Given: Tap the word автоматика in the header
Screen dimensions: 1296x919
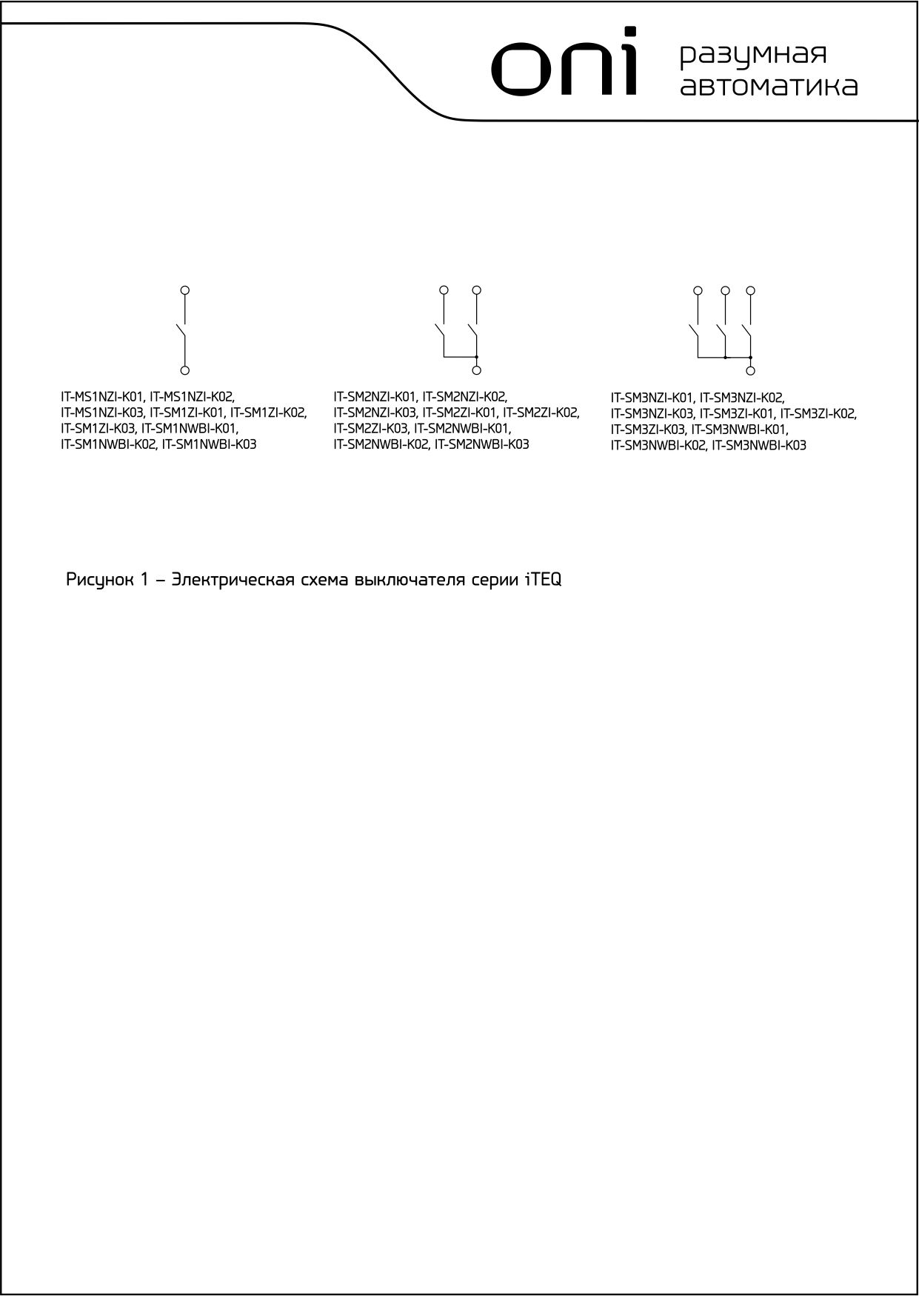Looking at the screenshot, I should [769, 86].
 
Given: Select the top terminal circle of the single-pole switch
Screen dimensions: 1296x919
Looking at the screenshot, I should [185, 290].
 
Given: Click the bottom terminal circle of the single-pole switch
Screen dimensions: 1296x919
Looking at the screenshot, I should [185, 370].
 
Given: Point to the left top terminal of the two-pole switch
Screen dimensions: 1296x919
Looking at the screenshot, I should [444, 290].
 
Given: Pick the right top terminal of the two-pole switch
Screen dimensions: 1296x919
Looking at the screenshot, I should [477, 290].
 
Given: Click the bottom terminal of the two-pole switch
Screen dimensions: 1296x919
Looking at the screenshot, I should [477, 370].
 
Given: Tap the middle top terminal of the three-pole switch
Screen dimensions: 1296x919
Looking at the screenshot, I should [725, 290].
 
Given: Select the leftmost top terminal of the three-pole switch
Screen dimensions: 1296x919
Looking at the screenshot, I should [697, 290].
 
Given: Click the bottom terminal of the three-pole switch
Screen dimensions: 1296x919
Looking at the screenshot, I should [751, 370].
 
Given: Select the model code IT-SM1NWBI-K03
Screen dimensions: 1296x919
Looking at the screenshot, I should [210, 444].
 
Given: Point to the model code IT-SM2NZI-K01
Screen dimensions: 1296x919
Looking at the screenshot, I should [375, 397].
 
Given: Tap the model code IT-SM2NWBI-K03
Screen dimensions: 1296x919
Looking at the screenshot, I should [482, 444].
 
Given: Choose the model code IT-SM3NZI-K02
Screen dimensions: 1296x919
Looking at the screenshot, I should [742, 398].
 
